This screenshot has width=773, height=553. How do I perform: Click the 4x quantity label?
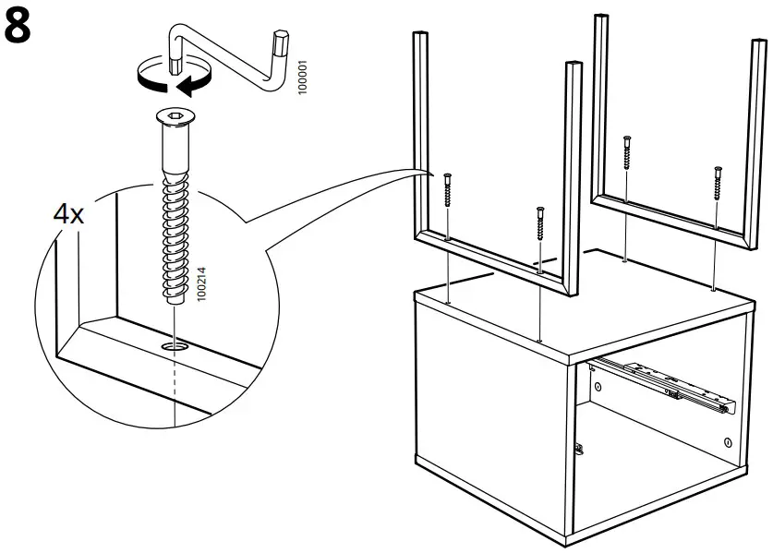[x=68, y=216]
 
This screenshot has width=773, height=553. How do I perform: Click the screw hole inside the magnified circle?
[x=174, y=345]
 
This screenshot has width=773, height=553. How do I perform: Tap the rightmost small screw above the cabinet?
[x=717, y=184]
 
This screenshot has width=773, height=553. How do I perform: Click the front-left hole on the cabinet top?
[x=447, y=302]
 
